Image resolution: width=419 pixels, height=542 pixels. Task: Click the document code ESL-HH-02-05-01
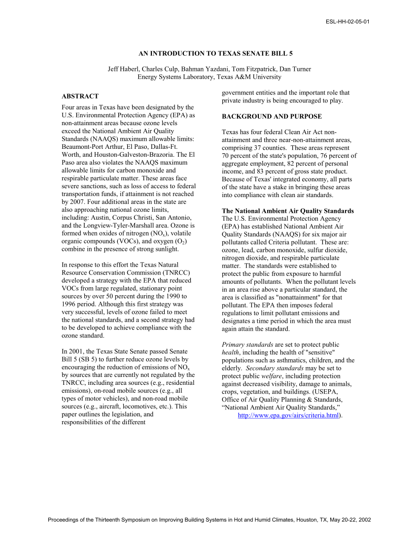point(348,22)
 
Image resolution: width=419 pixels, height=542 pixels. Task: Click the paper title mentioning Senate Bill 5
point(209,53)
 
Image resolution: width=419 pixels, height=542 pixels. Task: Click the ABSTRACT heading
point(80,96)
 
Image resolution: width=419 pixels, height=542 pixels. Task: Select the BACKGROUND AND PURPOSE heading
point(272,116)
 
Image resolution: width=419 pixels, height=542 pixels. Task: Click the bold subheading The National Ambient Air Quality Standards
point(288,211)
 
